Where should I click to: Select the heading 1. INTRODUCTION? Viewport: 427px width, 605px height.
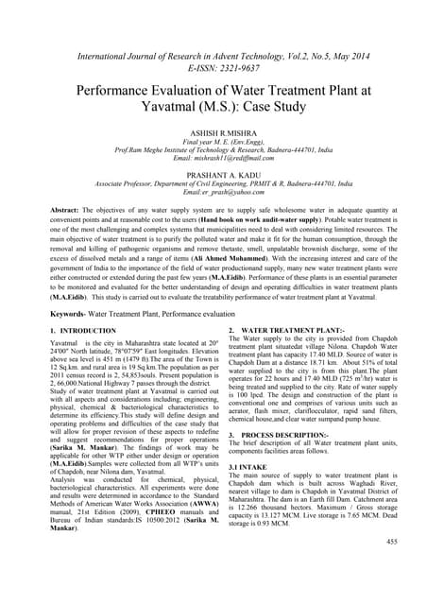82,331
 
